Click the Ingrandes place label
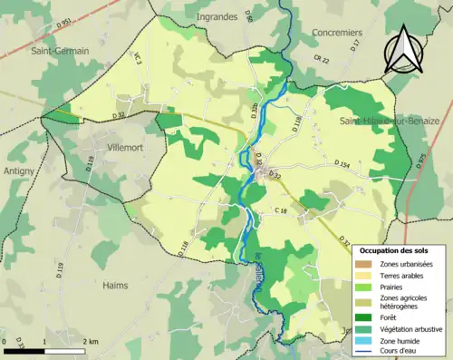pyautogui.click(x=216, y=16)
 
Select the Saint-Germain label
pyautogui.click(x=60, y=51)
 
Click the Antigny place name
pyautogui.click(x=18, y=170)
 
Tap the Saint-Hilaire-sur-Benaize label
pyautogui.click(x=389, y=121)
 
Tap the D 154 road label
pyautogui.click(x=342, y=164)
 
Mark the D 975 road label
pyautogui.click(x=420, y=161)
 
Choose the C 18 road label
pyautogui.click(x=280, y=210)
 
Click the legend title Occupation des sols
pyautogui.click(x=400, y=249)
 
